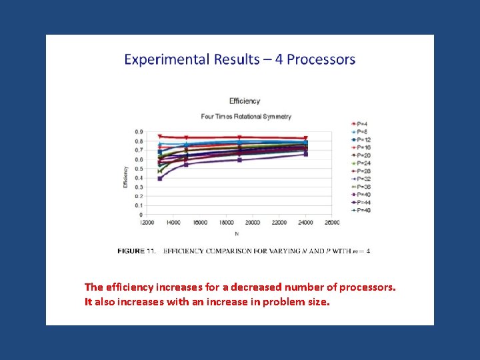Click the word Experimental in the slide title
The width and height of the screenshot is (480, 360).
click(167, 59)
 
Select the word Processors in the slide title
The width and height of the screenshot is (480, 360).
click(321, 59)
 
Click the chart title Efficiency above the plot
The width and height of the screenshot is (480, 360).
click(245, 101)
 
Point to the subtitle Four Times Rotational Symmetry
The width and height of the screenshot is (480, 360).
click(246, 117)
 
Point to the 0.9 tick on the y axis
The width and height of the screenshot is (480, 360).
click(139, 132)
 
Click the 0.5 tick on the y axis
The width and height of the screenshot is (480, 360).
click(139, 169)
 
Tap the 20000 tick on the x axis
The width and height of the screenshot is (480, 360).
click(253, 222)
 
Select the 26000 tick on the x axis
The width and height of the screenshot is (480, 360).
click(331, 222)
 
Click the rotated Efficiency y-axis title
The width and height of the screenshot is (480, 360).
click(125, 176)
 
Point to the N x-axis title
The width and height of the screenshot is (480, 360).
click(237, 234)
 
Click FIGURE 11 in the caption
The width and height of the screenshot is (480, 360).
click(136, 251)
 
